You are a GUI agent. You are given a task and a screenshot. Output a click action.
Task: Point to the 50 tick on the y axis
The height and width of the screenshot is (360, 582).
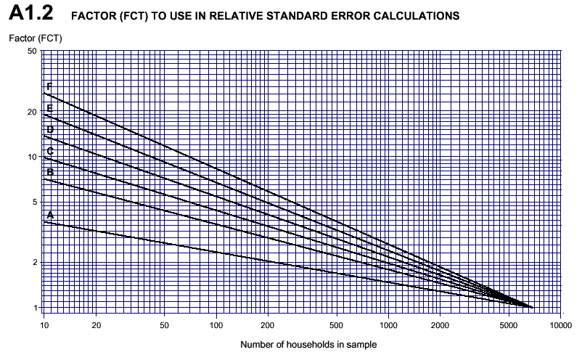pyautogui.click(x=32, y=51)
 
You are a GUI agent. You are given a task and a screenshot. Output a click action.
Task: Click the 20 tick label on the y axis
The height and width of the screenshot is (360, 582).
pyautogui.click(x=32, y=112)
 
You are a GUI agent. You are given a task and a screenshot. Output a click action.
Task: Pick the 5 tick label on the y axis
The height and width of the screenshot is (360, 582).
pyautogui.click(x=34, y=202)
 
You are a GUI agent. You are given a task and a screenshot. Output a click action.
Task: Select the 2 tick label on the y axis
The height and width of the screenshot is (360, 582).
pyautogui.click(x=34, y=263)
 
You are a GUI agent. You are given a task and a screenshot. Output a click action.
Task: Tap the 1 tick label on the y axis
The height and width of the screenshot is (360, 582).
pyautogui.click(x=34, y=308)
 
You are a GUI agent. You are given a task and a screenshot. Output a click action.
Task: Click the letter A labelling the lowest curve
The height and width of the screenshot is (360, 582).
pyautogui.click(x=50, y=215)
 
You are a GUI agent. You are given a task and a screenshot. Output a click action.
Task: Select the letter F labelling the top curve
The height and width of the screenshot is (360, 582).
pyautogui.click(x=49, y=87)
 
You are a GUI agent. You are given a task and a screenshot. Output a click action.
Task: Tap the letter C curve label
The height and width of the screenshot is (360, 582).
pyautogui.click(x=50, y=151)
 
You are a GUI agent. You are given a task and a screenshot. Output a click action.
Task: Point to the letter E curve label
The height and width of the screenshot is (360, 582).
pyautogui.click(x=49, y=108)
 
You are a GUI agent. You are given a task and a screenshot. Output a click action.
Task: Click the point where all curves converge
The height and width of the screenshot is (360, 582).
pyautogui.click(x=531, y=308)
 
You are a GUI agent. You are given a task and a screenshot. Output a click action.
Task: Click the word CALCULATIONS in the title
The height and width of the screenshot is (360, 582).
pyautogui.click(x=412, y=16)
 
